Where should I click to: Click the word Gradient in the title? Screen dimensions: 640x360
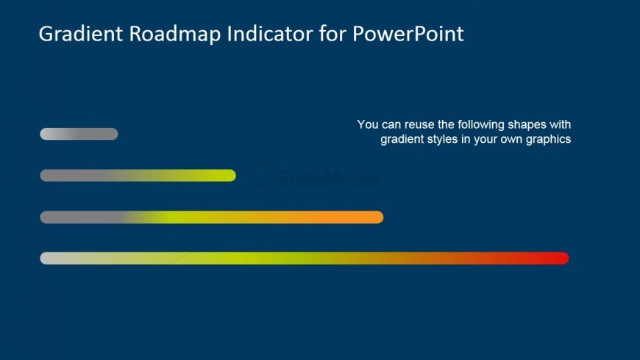pyautogui.click(x=81, y=34)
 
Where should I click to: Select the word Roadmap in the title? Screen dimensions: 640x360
pyautogui.click(x=175, y=35)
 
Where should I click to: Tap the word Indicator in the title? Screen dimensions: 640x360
pyautogui.click(x=270, y=34)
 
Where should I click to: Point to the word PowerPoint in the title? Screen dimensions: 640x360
pyautogui.click(x=408, y=34)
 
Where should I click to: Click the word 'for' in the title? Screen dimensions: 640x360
pyautogui.click(x=333, y=34)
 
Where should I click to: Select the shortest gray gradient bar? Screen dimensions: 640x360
pyautogui.click(x=79, y=134)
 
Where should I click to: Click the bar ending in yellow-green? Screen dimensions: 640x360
pyautogui.click(x=138, y=176)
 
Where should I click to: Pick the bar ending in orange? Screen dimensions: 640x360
pyautogui.click(x=211, y=217)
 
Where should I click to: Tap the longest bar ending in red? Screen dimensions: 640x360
pyautogui.click(x=305, y=258)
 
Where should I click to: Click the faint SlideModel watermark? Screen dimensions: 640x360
pyautogui.click(x=319, y=177)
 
